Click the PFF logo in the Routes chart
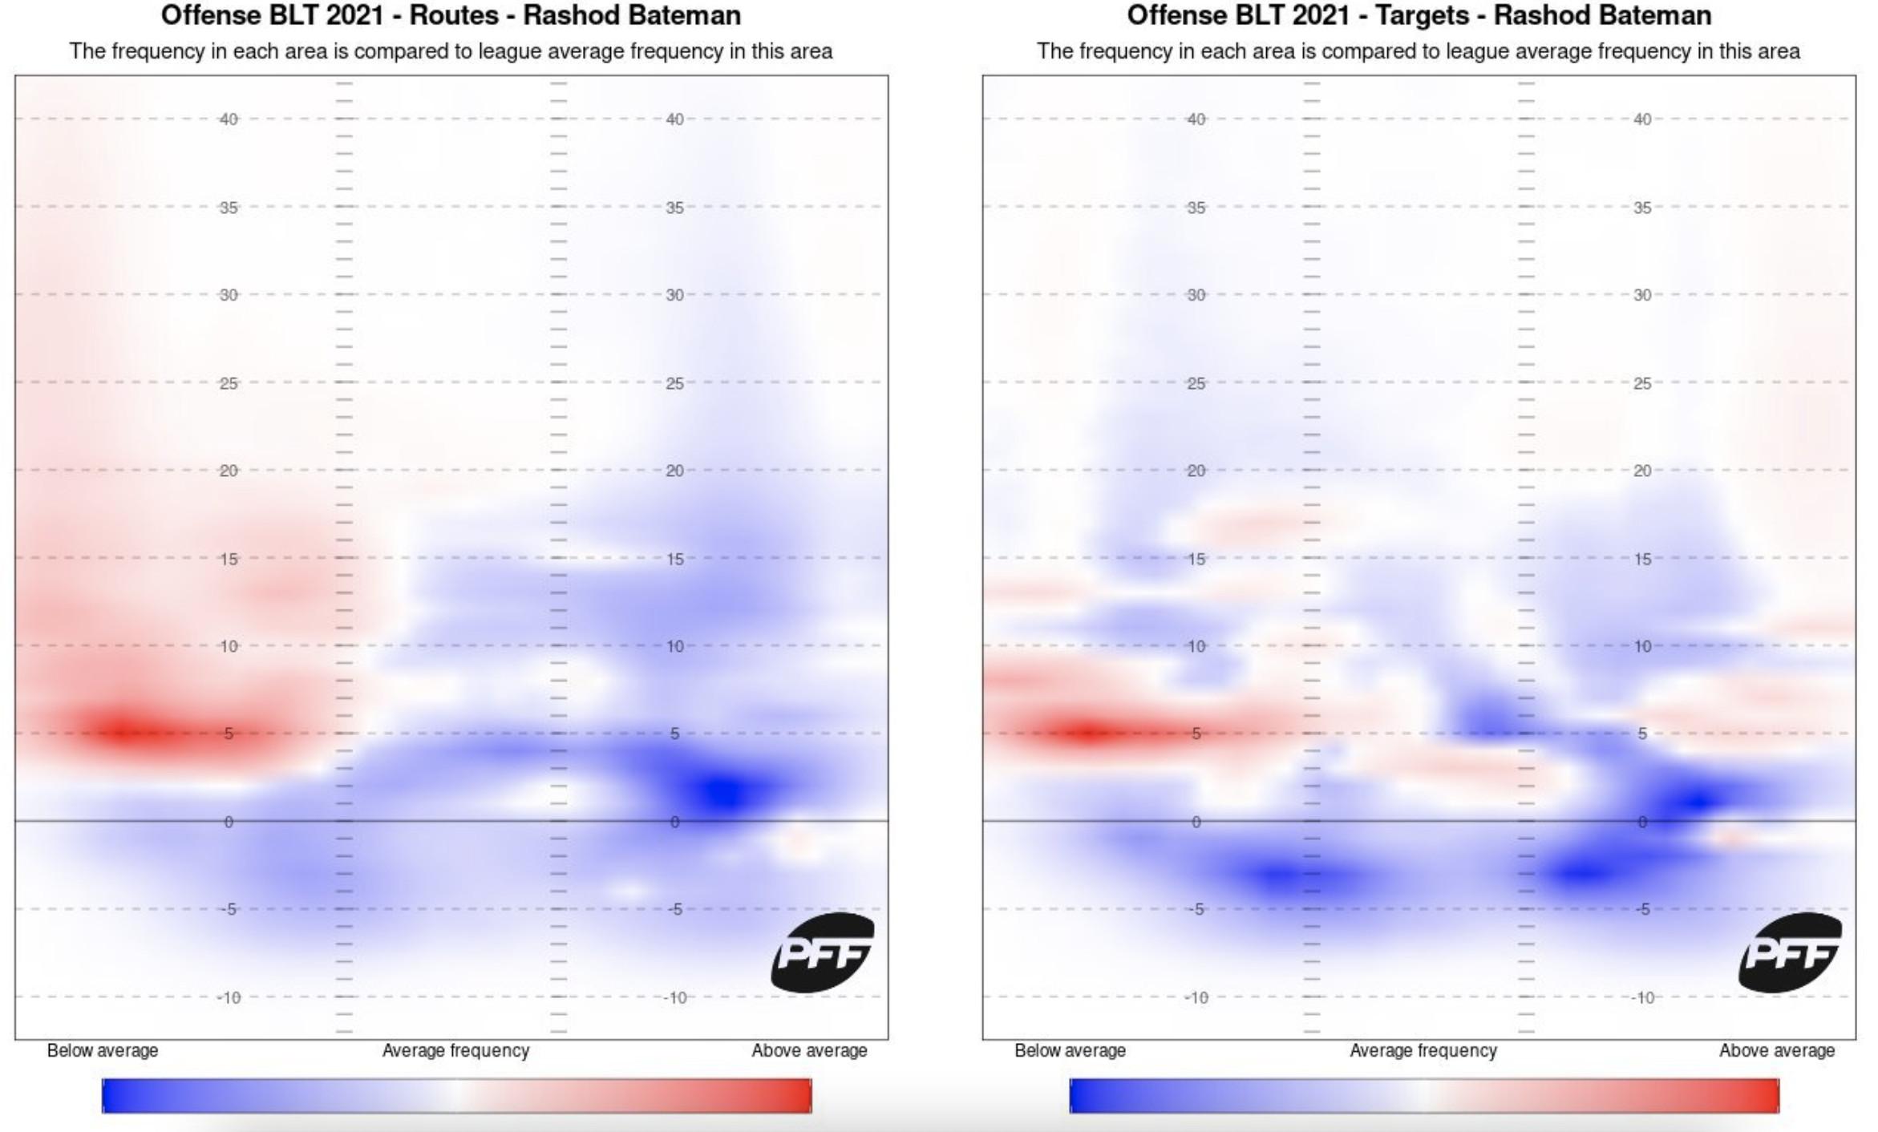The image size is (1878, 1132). [822, 952]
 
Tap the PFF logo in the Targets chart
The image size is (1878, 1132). [1790, 952]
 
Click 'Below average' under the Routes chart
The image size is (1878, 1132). [103, 1050]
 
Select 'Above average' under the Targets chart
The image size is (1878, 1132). [1777, 1050]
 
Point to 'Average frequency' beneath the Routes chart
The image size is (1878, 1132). [455, 1050]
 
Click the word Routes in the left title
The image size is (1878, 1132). [454, 15]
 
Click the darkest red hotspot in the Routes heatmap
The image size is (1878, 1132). [124, 730]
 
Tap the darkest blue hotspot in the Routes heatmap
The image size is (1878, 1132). [726, 792]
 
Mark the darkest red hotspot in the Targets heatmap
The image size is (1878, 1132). [1087, 732]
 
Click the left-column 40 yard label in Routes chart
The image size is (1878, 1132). [229, 119]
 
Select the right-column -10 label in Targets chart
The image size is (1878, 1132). [1642, 997]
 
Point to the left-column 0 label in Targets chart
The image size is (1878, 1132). [1196, 822]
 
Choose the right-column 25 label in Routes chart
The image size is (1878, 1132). [675, 383]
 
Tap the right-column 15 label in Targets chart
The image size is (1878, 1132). [1642, 559]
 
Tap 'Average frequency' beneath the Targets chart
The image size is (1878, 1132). [1423, 1050]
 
